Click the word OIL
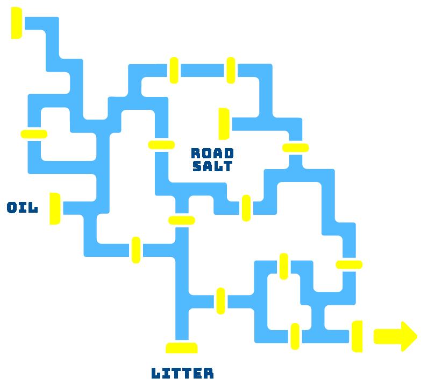(23, 208)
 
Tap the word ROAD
(213, 153)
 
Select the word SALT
(213, 166)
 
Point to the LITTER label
(182, 373)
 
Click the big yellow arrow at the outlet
(395, 337)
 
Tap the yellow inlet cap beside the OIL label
(55, 208)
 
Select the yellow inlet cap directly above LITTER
(182, 347)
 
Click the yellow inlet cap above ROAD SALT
(224, 123)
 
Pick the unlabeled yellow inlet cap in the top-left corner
(17, 23)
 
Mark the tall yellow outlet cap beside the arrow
(356, 337)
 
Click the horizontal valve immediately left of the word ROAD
(161, 144)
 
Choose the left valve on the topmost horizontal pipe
(174, 71)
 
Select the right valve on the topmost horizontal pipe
(231, 71)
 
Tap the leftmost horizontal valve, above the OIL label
(34, 134)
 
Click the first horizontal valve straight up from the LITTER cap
(182, 220)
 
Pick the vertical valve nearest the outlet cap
(295, 337)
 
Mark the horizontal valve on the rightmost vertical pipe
(349, 264)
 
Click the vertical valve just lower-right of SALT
(246, 208)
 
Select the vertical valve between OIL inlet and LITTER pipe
(136, 250)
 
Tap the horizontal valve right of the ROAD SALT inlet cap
(295, 148)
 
